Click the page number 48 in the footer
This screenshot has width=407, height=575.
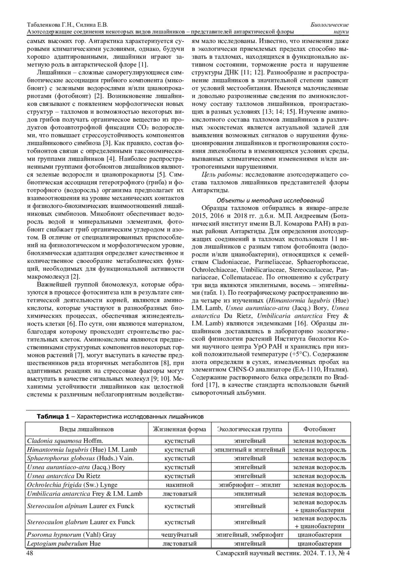click(30, 553)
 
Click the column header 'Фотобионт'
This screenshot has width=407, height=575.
click(319, 429)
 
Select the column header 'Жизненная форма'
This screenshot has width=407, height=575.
click(179, 429)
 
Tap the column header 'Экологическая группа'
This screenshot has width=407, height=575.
click(249, 429)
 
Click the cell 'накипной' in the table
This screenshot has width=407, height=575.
click(179, 485)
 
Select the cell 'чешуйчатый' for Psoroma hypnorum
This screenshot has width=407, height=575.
click(179, 535)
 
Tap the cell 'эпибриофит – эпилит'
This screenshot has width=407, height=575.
click(249, 485)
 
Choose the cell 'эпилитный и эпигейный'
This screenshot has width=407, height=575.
click(249, 450)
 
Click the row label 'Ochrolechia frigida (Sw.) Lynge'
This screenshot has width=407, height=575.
click(72, 485)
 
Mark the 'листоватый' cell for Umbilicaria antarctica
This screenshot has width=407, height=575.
click(179, 494)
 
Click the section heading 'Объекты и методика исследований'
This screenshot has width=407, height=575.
click(270, 200)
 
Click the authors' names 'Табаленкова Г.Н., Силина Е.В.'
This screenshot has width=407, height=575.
click(67, 25)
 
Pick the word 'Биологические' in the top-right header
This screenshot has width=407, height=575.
click(330, 25)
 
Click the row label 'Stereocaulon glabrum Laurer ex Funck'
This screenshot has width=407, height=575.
click(81, 522)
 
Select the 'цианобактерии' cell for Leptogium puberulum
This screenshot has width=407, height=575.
click(319, 543)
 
